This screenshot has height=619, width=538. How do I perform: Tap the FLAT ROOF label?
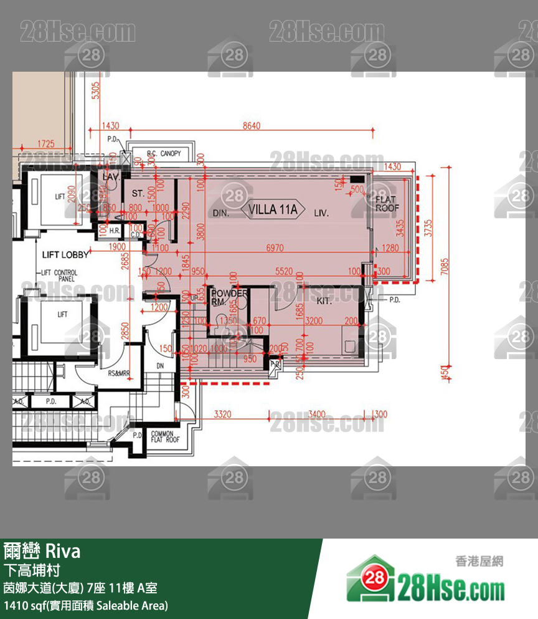387,204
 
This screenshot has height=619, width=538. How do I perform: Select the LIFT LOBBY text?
65,255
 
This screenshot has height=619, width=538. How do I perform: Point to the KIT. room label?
324,300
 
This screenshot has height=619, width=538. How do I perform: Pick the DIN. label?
221,213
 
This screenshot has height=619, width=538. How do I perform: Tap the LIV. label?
321,213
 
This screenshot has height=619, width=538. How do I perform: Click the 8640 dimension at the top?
252,126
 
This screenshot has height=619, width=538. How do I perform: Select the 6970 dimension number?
275,247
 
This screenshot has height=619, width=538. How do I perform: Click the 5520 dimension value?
283,272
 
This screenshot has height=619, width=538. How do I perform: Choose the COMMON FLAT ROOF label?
165,437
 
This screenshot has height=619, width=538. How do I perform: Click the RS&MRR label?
118,373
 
